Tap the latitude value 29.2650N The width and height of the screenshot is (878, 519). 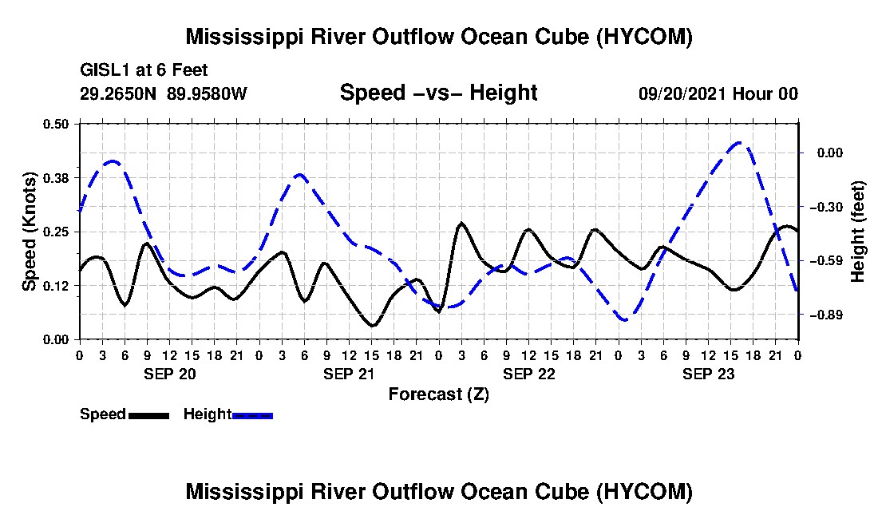(118, 93)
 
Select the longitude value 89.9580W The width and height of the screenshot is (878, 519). (207, 93)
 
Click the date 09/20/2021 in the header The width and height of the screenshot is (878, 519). (682, 93)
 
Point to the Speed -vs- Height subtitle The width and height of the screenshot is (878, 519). (438, 93)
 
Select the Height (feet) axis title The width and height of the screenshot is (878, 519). (858, 232)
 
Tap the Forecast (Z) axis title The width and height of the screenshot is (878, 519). (438, 394)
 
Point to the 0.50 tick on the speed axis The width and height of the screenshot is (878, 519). (56, 124)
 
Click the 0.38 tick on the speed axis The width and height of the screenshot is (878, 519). (56, 178)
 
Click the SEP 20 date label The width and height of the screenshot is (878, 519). (170, 374)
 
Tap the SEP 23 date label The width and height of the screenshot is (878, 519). (708, 374)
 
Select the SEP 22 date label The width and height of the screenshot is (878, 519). (529, 374)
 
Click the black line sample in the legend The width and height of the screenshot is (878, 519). (149, 415)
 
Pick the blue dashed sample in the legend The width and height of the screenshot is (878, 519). (252, 415)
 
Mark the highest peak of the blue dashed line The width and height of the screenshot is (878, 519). (739, 143)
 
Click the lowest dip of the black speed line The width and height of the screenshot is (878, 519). (373, 325)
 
